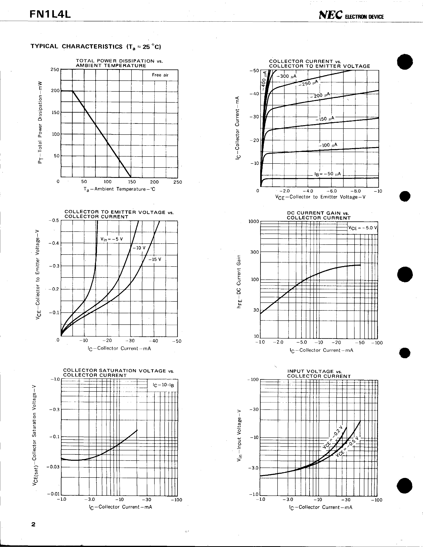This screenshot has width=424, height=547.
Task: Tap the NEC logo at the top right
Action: coord(331,16)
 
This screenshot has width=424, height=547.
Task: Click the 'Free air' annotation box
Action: coord(160,75)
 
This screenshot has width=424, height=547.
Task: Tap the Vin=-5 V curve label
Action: coord(112,239)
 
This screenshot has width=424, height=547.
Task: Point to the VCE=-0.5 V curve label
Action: coord(347,448)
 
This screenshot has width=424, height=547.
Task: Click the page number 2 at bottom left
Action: coord(33,524)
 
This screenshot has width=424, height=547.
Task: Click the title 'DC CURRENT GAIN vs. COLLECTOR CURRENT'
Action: coord(319,215)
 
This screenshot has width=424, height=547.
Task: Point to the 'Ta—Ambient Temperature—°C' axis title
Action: coord(119,189)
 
